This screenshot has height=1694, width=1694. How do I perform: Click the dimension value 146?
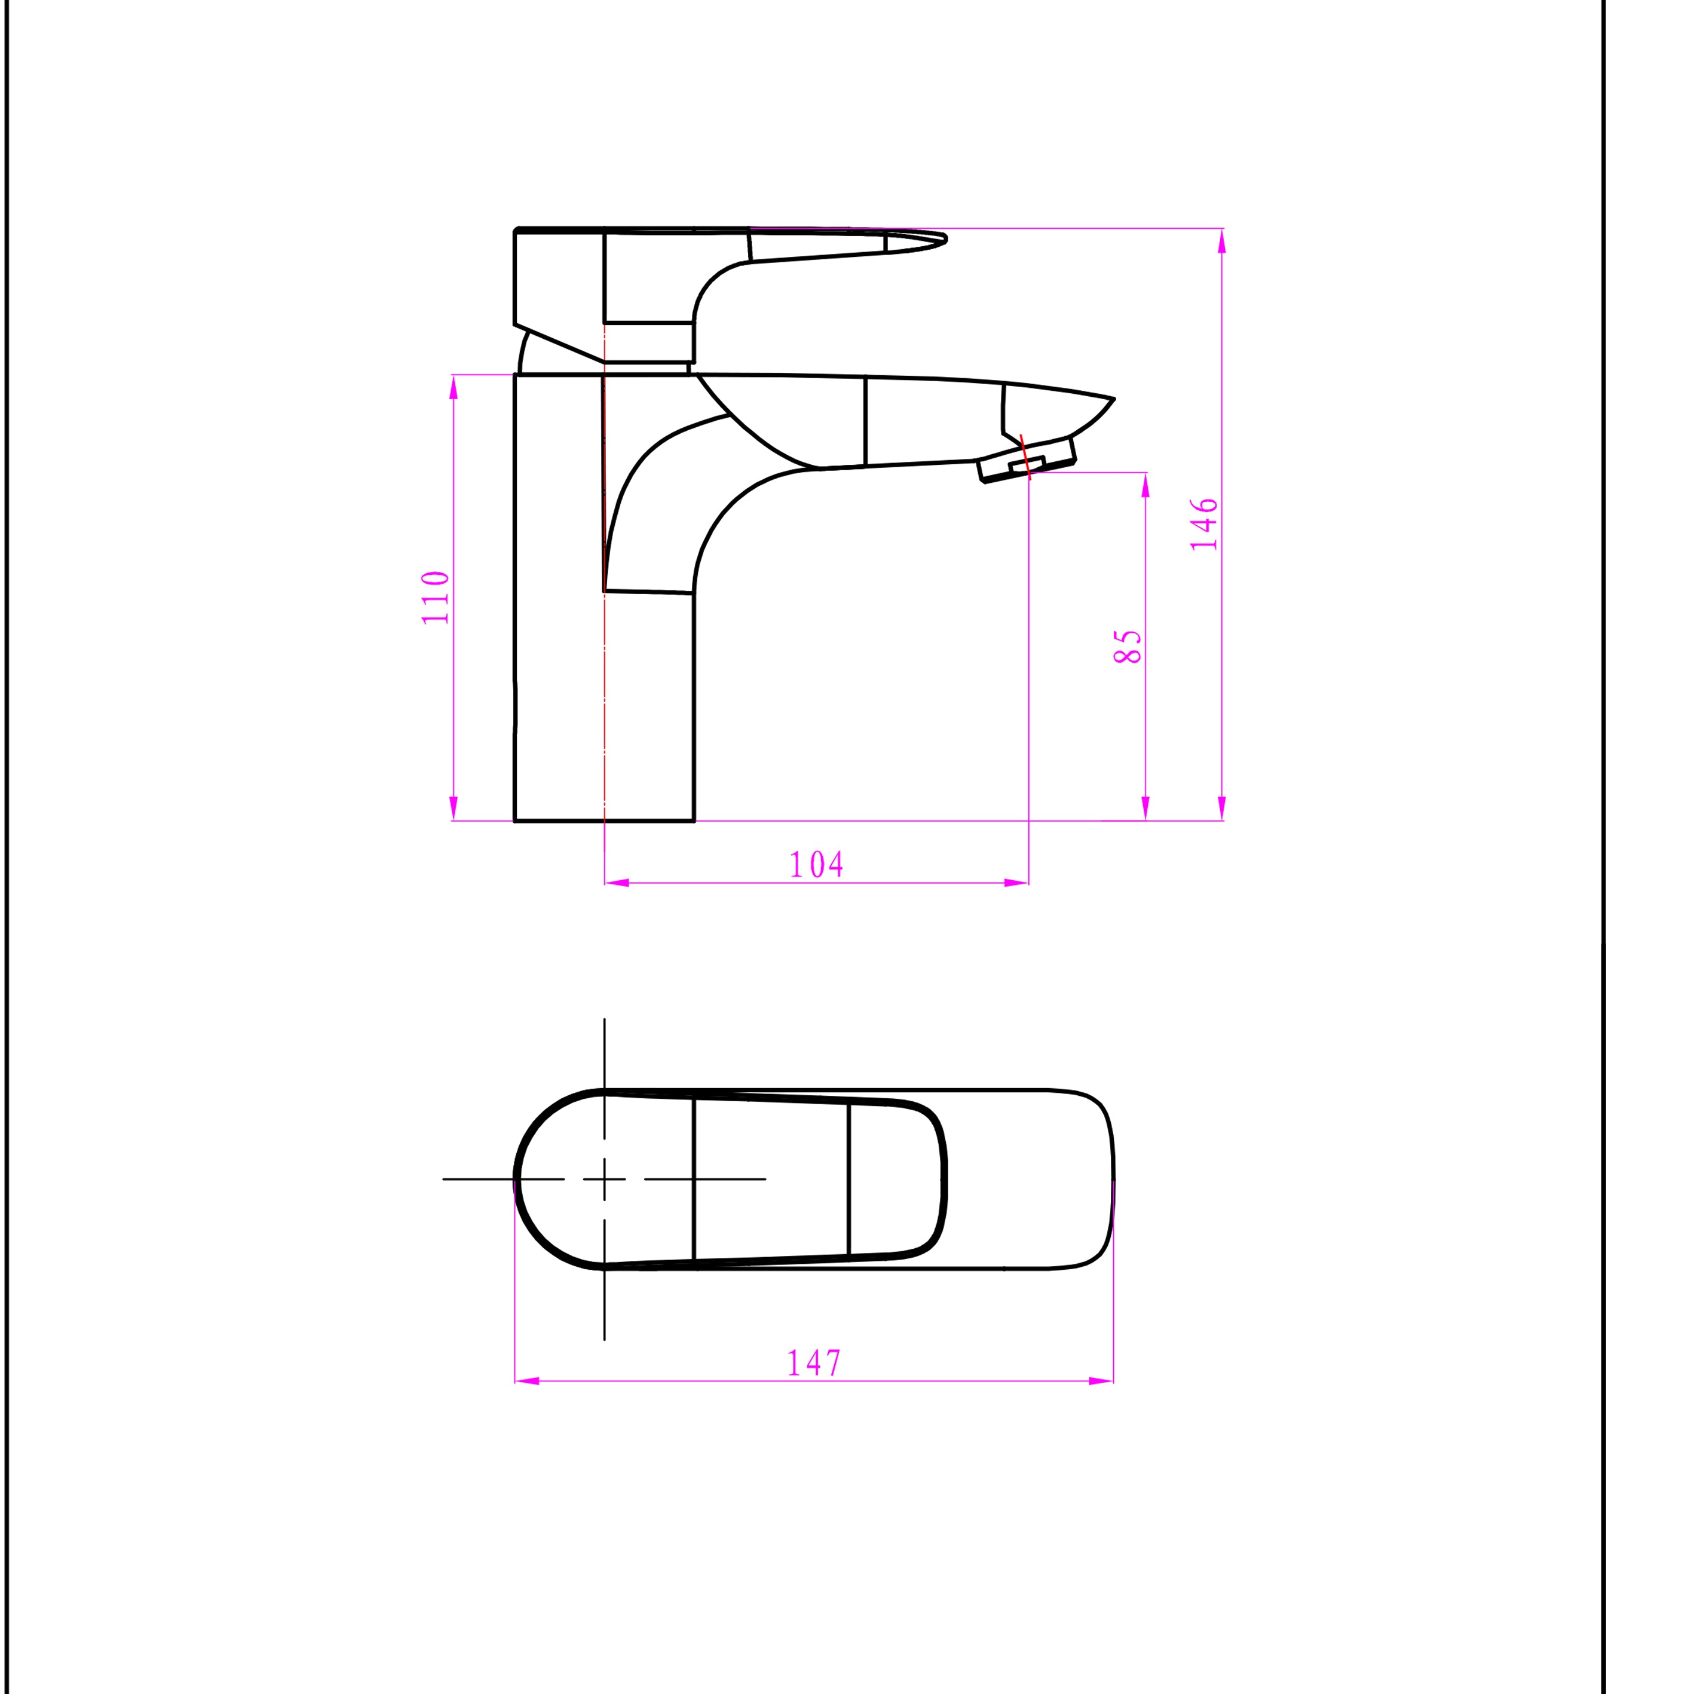tap(1204, 525)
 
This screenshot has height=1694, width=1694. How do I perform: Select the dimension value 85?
tap(1128, 646)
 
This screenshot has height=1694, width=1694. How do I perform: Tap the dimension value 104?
tap(816, 865)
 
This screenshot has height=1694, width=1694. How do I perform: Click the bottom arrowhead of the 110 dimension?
tap(454, 808)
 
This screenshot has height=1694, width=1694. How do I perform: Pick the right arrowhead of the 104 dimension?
tap(1017, 883)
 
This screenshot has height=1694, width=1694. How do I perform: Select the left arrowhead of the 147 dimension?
tap(526, 1381)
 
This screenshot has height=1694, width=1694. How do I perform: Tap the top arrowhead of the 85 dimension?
tap(1145, 484)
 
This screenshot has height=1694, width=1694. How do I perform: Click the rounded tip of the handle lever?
tap(945, 238)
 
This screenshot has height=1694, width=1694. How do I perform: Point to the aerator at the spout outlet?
tap(1026, 467)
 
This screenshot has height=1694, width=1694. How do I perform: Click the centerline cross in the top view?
tap(604, 1180)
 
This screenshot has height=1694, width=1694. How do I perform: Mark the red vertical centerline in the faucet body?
tap(604, 614)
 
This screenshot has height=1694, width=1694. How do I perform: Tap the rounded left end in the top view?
tap(517, 1180)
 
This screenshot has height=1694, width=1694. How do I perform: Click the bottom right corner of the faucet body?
tap(694, 820)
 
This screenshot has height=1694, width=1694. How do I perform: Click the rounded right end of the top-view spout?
tap(1112, 1180)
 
